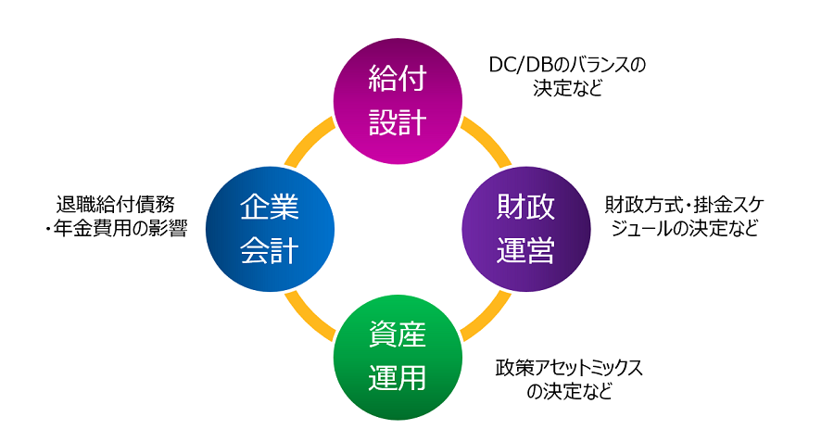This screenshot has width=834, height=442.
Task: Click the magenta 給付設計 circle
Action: [397, 101]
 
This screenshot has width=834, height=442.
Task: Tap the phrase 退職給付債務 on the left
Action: [115, 204]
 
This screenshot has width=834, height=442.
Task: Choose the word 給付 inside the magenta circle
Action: [397, 80]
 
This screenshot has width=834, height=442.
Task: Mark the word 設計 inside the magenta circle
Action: [397, 122]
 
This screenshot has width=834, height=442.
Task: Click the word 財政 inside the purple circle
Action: [525, 208]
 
